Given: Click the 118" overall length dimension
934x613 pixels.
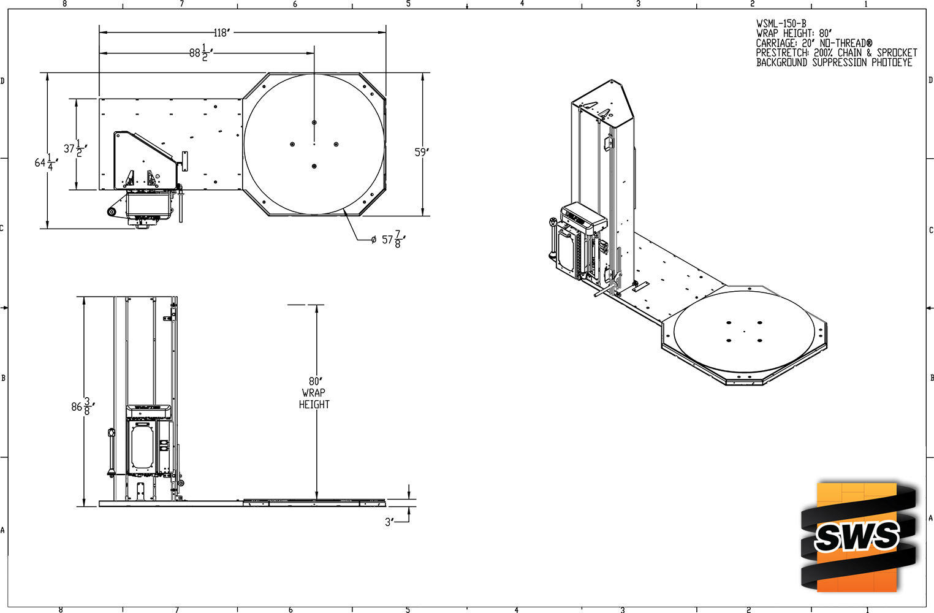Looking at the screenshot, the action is (222, 32).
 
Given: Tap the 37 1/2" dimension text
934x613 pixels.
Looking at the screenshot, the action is (75, 148).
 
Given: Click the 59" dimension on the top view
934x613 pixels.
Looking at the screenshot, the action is (422, 152).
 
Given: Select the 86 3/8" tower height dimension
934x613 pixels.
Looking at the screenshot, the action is (83, 406).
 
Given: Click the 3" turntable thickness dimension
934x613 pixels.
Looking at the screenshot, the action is (389, 522).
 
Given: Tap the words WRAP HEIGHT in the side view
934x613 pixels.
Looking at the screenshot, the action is (314, 398).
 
